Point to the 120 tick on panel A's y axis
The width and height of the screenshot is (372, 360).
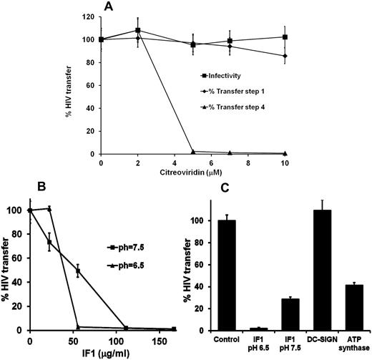(x=90, y=16)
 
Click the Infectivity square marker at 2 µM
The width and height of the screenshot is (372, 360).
(x=137, y=31)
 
